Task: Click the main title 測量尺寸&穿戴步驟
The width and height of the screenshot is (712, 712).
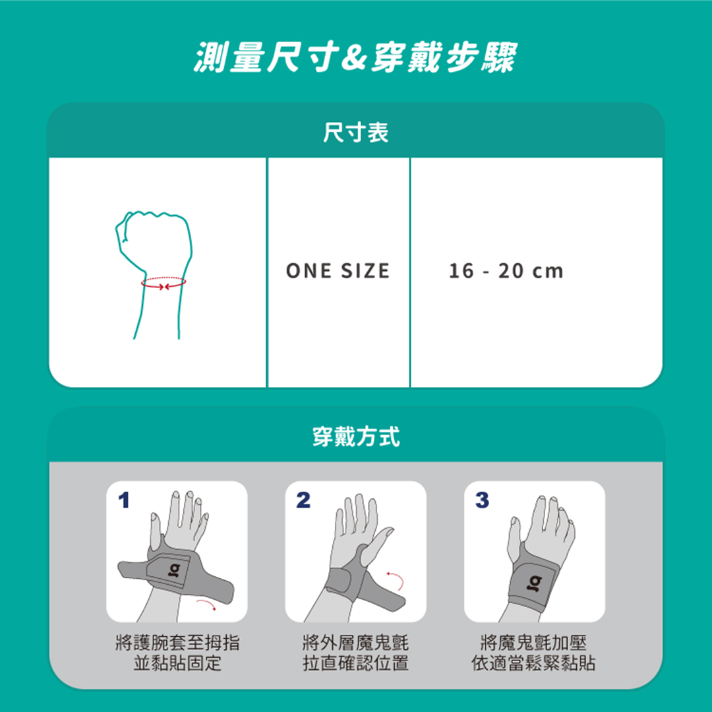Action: (355, 57)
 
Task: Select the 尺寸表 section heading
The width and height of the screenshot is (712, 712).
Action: (355, 133)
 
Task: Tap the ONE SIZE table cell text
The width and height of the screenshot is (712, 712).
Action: (338, 271)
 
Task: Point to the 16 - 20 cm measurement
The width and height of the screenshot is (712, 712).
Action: (506, 271)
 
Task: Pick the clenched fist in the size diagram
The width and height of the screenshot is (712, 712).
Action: (154, 241)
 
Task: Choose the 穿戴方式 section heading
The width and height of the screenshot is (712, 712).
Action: (356, 437)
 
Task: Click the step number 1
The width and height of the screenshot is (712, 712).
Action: (123, 500)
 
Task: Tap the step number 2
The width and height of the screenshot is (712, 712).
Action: (303, 500)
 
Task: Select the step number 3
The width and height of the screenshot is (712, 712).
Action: (482, 500)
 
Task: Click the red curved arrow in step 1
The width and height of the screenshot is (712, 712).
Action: (207, 603)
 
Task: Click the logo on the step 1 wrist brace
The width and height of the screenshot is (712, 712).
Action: (174, 570)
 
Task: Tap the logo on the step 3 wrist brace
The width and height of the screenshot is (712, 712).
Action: (535, 583)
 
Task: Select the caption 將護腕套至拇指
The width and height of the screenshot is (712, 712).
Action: (177, 642)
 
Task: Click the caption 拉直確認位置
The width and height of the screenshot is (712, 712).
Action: (355, 663)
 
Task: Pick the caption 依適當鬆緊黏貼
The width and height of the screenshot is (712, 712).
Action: (533, 663)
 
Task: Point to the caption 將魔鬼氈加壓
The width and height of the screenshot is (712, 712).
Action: (533, 642)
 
